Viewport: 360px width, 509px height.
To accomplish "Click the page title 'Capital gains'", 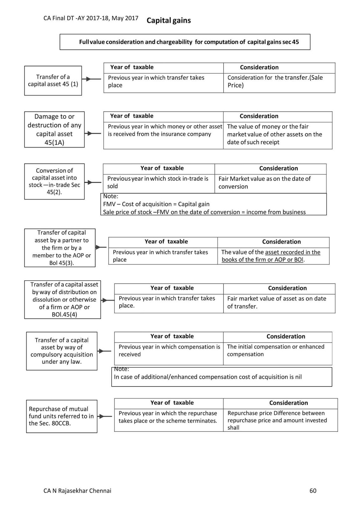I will tap(169, 21).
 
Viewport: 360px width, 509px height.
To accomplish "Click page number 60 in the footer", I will tap(313, 491).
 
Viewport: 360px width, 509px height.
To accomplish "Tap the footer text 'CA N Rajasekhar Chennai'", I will tap(77, 491).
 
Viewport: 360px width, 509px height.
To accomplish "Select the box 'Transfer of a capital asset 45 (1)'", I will tap(53, 80).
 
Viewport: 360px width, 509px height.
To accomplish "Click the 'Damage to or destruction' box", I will tap(54, 129).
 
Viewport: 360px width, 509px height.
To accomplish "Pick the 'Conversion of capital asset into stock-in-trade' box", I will tap(54, 181).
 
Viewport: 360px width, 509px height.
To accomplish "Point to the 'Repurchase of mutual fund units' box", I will tap(61, 416).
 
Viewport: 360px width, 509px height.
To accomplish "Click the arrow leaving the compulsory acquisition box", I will tap(104, 351).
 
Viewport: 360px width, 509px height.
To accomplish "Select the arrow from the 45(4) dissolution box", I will tap(108, 300).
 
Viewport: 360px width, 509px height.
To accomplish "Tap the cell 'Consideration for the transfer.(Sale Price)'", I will tap(279, 81).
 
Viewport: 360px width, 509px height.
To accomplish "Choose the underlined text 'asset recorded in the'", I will tap(293, 252).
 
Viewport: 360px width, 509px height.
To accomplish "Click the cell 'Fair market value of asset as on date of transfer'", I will tap(279, 303).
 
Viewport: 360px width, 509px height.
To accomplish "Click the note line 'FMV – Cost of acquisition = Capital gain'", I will tap(156, 204).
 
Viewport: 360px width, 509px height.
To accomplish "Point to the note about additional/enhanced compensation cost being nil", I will tap(208, 377).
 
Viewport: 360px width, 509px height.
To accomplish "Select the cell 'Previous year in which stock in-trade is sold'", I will tap(159, 183).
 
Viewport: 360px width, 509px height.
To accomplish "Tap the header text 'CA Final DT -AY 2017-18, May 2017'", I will tap(91, 18).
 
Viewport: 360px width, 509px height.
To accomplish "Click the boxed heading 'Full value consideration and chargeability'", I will tap(185, 42).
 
